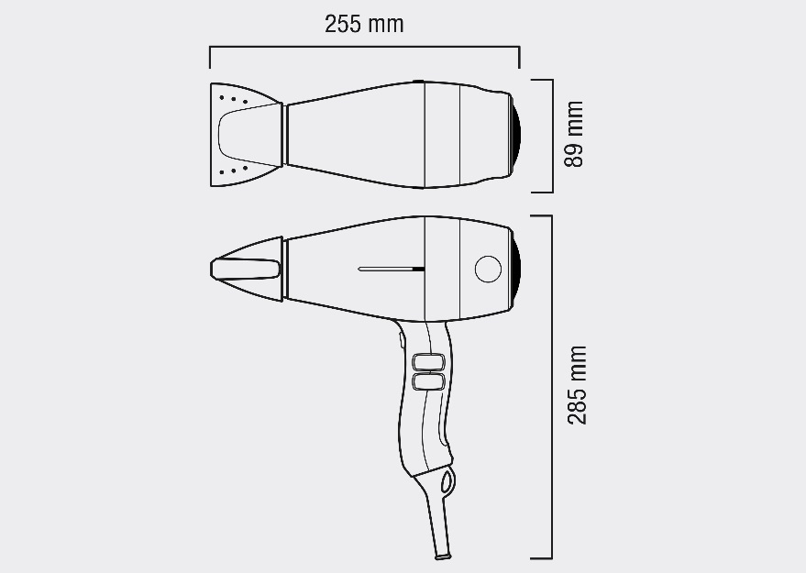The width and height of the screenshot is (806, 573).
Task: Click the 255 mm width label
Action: pyautogui.click(x=364, y=24)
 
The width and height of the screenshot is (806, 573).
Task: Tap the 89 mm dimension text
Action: pyautogui.click(x=574, y=134)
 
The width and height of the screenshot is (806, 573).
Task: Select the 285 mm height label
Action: pyautogui.click(x=577, y=385)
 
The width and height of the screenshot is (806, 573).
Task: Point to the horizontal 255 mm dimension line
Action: pyautogui.click(x=364, y=47)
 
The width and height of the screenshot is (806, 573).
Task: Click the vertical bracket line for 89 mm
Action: pyautogui.click(x=552, y=136)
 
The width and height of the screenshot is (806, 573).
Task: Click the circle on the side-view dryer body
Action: pyautogui.click(x=488, y=270)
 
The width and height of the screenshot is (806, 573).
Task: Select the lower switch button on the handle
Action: pyautogui.click(x=428, y=380)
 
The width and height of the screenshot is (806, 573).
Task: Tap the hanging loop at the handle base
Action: pyautogui.click(x=447, y=480)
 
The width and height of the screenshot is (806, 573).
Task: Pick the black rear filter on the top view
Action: pyautogui.click(x=516, y=135)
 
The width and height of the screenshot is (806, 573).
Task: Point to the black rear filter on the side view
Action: pyautogui.click(x=516, y=269)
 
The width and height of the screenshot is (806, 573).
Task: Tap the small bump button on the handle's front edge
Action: pyautogui.click(x=403, y=340)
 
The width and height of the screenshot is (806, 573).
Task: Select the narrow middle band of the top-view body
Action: pyautogui.click(x=441, y=135)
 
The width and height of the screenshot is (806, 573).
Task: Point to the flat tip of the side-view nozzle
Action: pyautogui.click(x=245, y=268)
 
